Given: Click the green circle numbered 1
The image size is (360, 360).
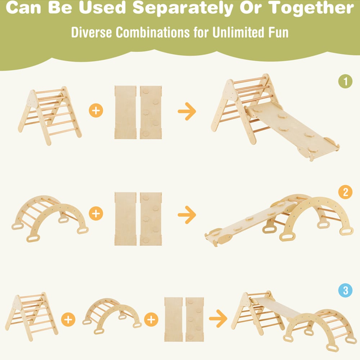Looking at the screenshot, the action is click(x=345, y=81).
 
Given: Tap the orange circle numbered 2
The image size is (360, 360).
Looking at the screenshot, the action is click(x=345, y=192).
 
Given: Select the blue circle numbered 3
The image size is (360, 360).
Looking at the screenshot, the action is click(x=345, y=291).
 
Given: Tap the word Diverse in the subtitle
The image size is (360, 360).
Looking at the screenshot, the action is click(x=91, y=32).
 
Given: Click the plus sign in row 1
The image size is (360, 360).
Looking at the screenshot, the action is click(x=96, y=111).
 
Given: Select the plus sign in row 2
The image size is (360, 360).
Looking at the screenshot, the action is click(x=96, y=213).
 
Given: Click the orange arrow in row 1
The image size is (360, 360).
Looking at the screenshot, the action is click(x=187, y=111).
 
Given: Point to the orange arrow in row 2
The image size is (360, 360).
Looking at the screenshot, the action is click(x=187, y=215).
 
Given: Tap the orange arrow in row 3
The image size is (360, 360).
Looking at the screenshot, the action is click(x=218, y=319).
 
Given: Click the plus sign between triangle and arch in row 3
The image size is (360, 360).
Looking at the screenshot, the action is click(x=68, y=319).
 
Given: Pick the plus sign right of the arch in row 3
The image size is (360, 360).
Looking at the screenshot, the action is click(x=151, y=319).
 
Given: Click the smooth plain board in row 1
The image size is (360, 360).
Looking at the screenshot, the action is click(x=125, y=112).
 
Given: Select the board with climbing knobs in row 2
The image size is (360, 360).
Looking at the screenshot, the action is click(x=151, y=219).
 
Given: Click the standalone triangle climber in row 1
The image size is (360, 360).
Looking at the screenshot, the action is click(x=50, y=116).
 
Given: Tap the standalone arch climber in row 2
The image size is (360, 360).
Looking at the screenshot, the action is click(x=50, y=219).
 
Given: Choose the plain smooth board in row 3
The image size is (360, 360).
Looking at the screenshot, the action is click(x=174, y=319).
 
